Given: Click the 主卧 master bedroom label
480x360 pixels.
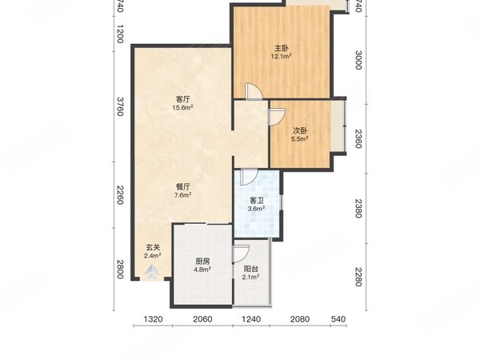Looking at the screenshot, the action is pyautogui.click(x=282, y=48).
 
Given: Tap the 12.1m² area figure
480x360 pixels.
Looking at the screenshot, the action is pyautogui.click(x=281, y=56).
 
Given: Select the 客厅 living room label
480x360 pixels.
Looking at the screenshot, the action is pyautogui.click(x=182, y=99).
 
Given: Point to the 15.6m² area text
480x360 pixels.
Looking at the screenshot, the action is pyautogui.click(x=182, y=107).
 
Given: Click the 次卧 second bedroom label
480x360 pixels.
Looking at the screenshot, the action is pyautogui.click(x=300, y=130).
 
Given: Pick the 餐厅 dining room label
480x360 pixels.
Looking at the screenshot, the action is pyautogui.click(x=183, y=186).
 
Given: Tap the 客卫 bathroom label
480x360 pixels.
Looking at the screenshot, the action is pyautogui.click(x=257, y=201).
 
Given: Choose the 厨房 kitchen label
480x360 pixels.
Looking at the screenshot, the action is pyautogui.click(x=202, y=262).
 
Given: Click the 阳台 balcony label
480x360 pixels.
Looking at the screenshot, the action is pyautogui.click(x=250, y=269).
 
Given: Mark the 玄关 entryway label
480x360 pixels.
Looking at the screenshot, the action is pyautogui.click(x=153, y=247).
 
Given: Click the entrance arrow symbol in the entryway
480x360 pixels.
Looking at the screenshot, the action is pyautogui.click(x=152, y=272).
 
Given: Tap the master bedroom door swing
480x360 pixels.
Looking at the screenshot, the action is pyautogui.click(x=254, y=91).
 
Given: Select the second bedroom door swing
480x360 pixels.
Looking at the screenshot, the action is pyautogui.click(x=277, y=117).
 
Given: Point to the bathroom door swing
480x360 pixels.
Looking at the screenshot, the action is pyautogui.click(x=249, y=178).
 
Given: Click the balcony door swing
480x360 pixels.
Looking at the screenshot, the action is pyautogui.click(x=242, y=254).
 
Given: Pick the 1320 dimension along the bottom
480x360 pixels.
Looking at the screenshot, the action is pyautogui.click(x=153, y=319).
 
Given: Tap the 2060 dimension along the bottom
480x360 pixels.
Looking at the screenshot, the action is pyautogui.click(x=202, y=319).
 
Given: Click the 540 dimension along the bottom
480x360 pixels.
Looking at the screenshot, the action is pyautogui.click(x=338, y=319).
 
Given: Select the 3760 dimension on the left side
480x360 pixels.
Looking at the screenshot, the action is pyautogui.click(x=120, y=106).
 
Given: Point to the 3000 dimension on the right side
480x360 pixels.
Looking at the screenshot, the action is pyautogui.click(x=358, y=60).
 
